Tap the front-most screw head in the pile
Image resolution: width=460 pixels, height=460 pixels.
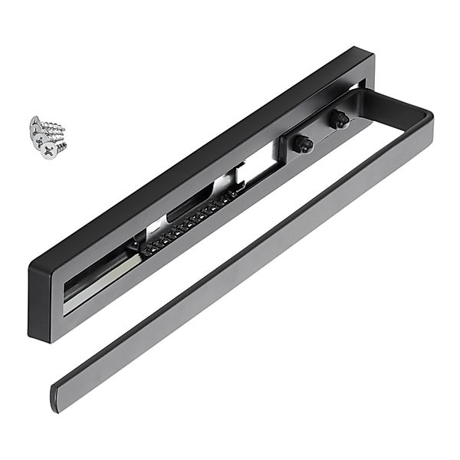[x=48, y=150]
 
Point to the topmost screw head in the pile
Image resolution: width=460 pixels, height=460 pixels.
[x=36, y=123]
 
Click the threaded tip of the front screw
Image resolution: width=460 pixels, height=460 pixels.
[x=64, y=143]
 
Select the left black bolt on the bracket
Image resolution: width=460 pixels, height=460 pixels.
[x=304, y=143]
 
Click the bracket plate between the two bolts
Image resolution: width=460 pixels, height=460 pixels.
[x=320, y=132]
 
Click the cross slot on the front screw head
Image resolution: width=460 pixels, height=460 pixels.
[x=48, y=150]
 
